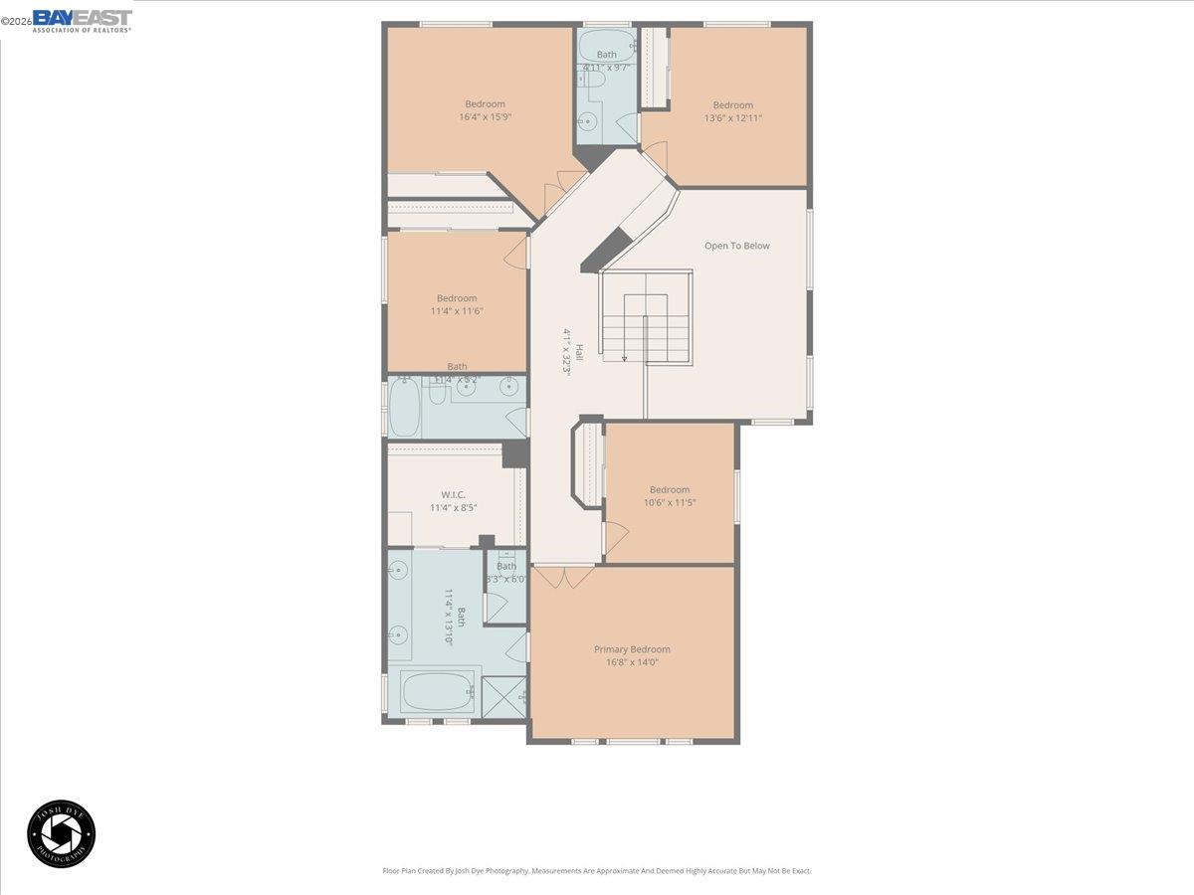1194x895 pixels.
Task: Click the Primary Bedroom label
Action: [x=632, y=649]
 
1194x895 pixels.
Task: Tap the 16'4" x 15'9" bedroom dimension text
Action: [x=485, y=117]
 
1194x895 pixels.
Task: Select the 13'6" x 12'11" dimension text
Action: [x=732, y=118]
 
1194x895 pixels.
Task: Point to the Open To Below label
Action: [x=737, y=246]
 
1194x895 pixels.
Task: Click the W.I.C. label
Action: [x=454, y=494]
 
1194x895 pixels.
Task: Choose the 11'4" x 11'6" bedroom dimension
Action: [x=456, y=311]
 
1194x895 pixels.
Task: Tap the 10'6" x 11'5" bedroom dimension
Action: [x=670, y=502]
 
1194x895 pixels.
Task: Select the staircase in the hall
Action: [x=646, y=318]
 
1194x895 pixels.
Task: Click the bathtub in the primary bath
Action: [x=439, y=690]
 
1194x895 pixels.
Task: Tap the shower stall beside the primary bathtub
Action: [x=504, y=695]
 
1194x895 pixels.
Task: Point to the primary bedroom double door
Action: [x=562, y=576]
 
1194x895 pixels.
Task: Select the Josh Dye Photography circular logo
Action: [x=62, y=833]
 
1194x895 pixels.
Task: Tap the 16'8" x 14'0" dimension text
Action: [x=632, y=662]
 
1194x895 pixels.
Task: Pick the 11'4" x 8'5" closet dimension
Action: [x=454, y=507]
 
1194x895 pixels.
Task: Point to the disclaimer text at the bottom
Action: [x=597, y=870]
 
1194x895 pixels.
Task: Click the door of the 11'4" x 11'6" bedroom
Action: [x=515, y=253]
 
